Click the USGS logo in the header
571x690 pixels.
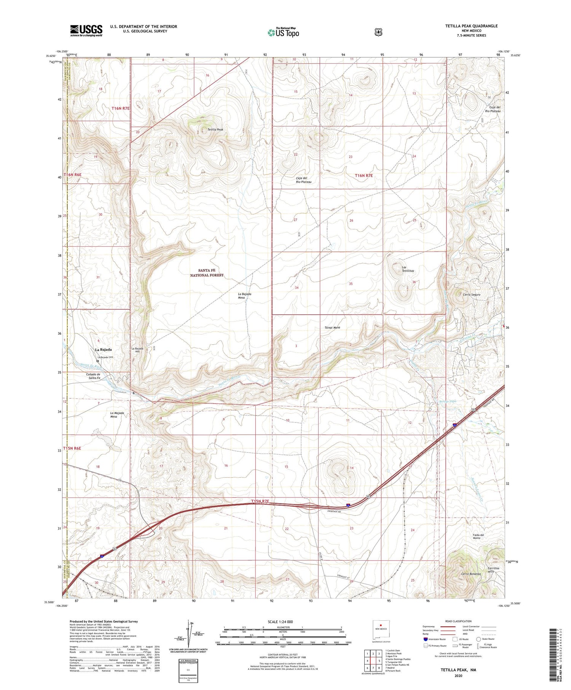86,30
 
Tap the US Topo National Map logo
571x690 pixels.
283,32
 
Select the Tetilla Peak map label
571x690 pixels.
215,129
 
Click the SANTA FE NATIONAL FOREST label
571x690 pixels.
207,272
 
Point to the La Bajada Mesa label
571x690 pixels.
245,296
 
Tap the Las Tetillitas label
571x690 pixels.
408,269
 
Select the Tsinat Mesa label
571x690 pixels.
332,327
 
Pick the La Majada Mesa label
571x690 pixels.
117,415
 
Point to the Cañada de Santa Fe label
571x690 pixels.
93,376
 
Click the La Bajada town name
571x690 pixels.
103,349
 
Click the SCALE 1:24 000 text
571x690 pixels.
280,622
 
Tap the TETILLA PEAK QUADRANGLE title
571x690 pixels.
471,26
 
